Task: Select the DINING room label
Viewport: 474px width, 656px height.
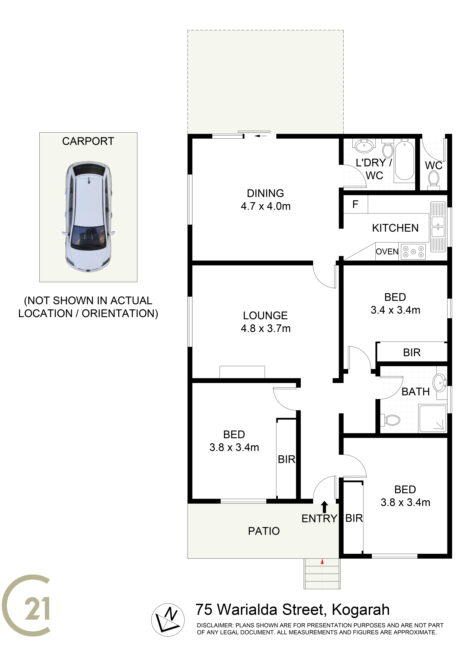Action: pos(265,193)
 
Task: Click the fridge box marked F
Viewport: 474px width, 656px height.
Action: pos(356,204)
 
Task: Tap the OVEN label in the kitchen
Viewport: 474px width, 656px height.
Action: pos(387,252)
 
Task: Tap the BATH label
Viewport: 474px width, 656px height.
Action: pos(416,392)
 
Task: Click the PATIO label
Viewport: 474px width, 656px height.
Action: pos(264,531)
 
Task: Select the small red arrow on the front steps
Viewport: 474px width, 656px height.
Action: pos(322,562)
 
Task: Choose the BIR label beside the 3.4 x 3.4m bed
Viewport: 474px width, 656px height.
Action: pos(412,352)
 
